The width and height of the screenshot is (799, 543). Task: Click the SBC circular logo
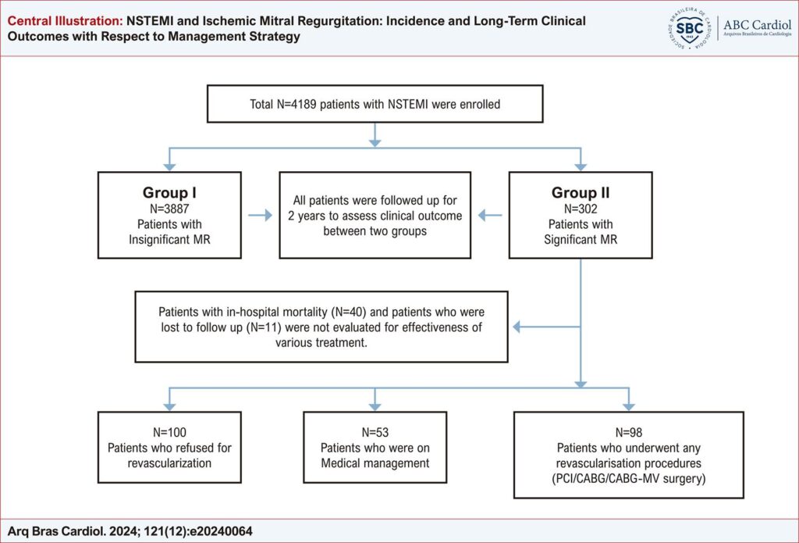coord(690,28)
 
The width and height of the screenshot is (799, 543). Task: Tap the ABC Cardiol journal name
coord(757,24)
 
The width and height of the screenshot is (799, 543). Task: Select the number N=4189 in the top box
coord(297,104)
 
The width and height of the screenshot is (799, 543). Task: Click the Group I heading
coord(169,192)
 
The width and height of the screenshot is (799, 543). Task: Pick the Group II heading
coord(581,192)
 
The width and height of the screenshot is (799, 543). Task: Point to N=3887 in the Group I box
coord(169,209)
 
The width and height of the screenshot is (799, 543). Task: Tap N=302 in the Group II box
coord(581,209)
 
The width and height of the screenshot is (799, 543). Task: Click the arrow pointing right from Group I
coord(261,216)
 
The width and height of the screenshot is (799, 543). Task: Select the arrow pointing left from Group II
coord(490,216)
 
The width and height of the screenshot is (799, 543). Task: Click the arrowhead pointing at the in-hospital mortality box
coord(517,327)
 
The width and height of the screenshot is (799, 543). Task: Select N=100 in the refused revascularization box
coord(169,432)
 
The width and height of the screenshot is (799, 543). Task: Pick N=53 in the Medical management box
coord(375,432)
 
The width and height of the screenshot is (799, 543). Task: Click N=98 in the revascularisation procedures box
coord(628,432)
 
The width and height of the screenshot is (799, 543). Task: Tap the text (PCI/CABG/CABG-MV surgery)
coord(628,479)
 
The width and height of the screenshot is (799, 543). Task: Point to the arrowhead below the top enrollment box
coord(375,143)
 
